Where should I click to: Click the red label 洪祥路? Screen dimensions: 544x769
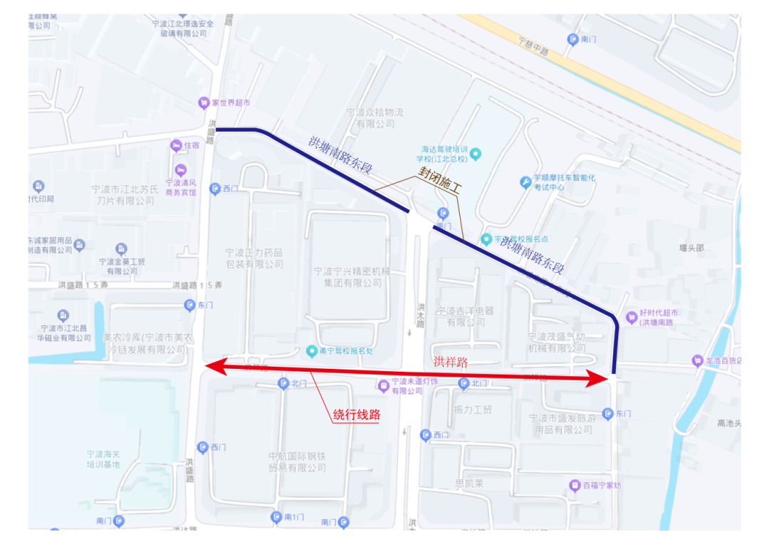(451, 362)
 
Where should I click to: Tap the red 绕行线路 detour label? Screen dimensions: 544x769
(356, 414)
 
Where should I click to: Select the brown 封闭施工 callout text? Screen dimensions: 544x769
(439, 184)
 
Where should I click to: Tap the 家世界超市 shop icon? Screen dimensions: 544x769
(203, 103)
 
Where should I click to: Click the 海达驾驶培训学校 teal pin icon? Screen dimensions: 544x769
(476, 154)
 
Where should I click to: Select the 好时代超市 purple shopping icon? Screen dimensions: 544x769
(631, 317)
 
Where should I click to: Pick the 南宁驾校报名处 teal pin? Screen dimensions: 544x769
(311, 350)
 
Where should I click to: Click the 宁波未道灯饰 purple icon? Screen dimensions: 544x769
(384, 386)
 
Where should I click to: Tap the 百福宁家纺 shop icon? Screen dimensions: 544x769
(575, 486)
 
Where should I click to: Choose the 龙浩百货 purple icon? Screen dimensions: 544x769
(697, 361)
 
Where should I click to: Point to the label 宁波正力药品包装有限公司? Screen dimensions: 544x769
(254, 258)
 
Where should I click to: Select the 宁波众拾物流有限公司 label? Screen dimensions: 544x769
(375, 118)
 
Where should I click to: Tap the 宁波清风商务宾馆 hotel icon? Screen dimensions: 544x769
(181, 170)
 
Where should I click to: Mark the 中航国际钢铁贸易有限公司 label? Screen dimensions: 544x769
(297, 461)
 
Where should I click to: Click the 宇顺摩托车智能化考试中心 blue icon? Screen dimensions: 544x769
(525, 182)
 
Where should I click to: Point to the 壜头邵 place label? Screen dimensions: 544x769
(691, 248)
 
